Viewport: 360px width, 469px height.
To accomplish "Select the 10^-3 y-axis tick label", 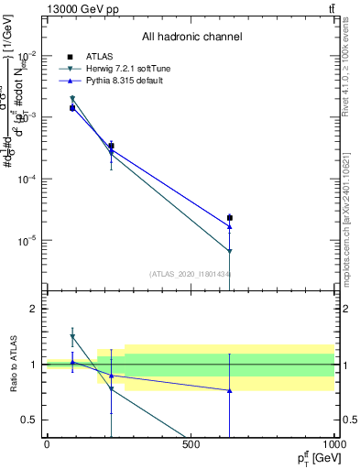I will tap(27, 116).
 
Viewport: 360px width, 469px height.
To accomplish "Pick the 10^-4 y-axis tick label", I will tap(27, 179).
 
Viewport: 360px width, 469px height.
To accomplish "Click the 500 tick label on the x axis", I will tap(191, 444).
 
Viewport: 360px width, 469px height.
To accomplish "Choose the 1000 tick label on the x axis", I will tap(333, 444).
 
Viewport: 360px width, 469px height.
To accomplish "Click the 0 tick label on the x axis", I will tap(47, 444).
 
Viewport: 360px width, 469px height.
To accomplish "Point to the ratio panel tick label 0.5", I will tap(28, 420).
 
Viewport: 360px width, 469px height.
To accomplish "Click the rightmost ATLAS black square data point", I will tap(229, 218).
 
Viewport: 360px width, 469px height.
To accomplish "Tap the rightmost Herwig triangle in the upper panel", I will tap(229, 251).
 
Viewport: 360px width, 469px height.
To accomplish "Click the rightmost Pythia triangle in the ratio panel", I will tap(229, 390).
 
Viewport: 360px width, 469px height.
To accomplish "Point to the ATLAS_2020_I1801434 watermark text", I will tap(190, 273).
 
